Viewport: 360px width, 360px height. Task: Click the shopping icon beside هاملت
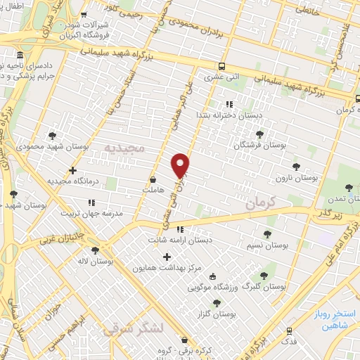(x=153, y=180)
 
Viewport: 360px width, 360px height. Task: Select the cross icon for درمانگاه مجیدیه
(x=73, y=170)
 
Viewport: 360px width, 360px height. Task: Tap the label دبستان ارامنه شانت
(x=180, y=240)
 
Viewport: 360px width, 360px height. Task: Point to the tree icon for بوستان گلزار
(x=217, y=303)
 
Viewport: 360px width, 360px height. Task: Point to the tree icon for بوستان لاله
(x=95, y=250)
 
